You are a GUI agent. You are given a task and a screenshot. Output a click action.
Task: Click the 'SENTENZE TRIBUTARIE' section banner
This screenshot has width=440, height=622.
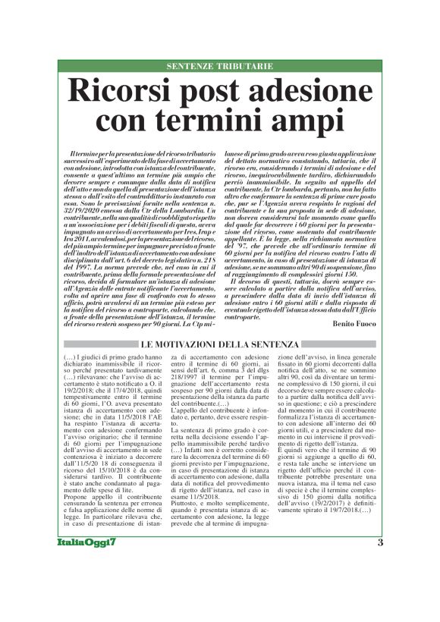click(x=219, y=67)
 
